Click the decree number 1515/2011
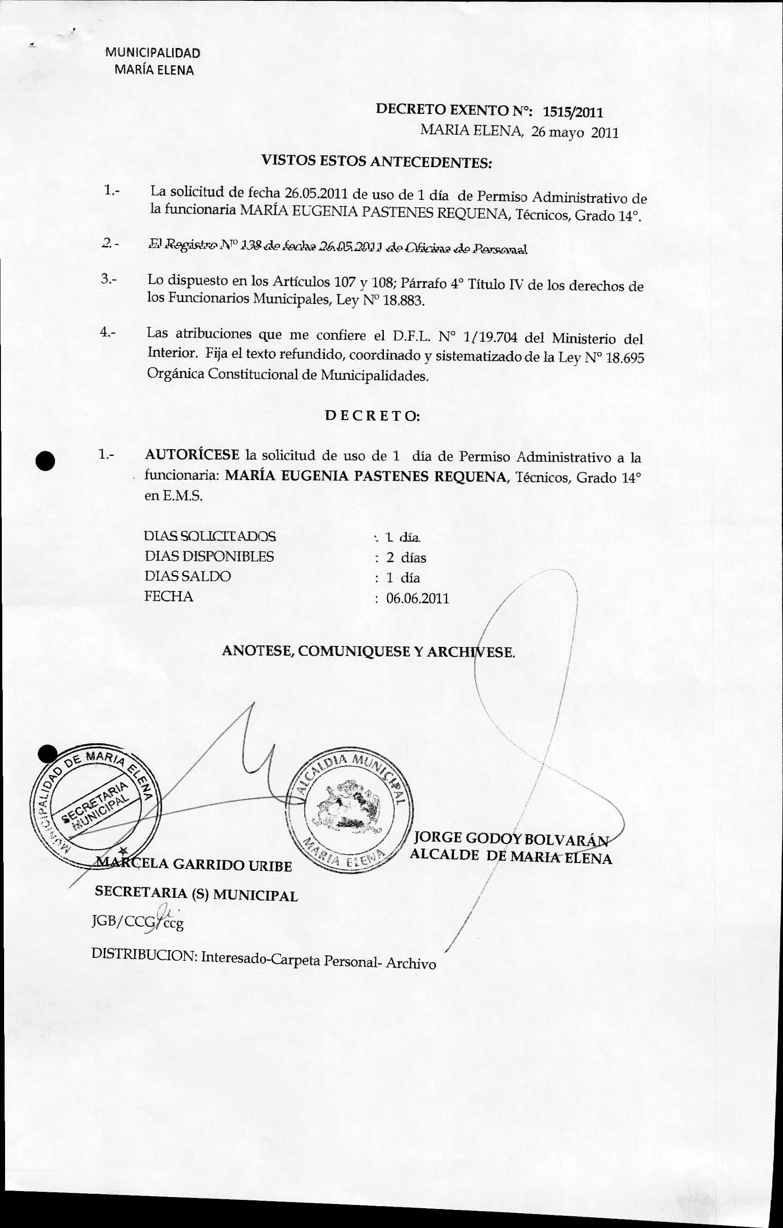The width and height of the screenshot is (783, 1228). click(x=573, y=112)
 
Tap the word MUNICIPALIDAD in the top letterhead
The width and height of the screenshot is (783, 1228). click(x=152, y=53)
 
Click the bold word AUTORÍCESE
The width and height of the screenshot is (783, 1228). click(x=192, y=454)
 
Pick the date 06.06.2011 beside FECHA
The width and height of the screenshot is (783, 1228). click(x=418, y=598)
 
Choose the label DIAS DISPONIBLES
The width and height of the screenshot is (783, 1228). click(x=209, y=556)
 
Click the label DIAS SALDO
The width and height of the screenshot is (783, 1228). click(x=188, y=576)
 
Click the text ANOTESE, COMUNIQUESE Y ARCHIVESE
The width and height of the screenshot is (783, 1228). click(x=369, y=652)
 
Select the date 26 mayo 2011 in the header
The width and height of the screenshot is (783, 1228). click(x=574, y=133)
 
